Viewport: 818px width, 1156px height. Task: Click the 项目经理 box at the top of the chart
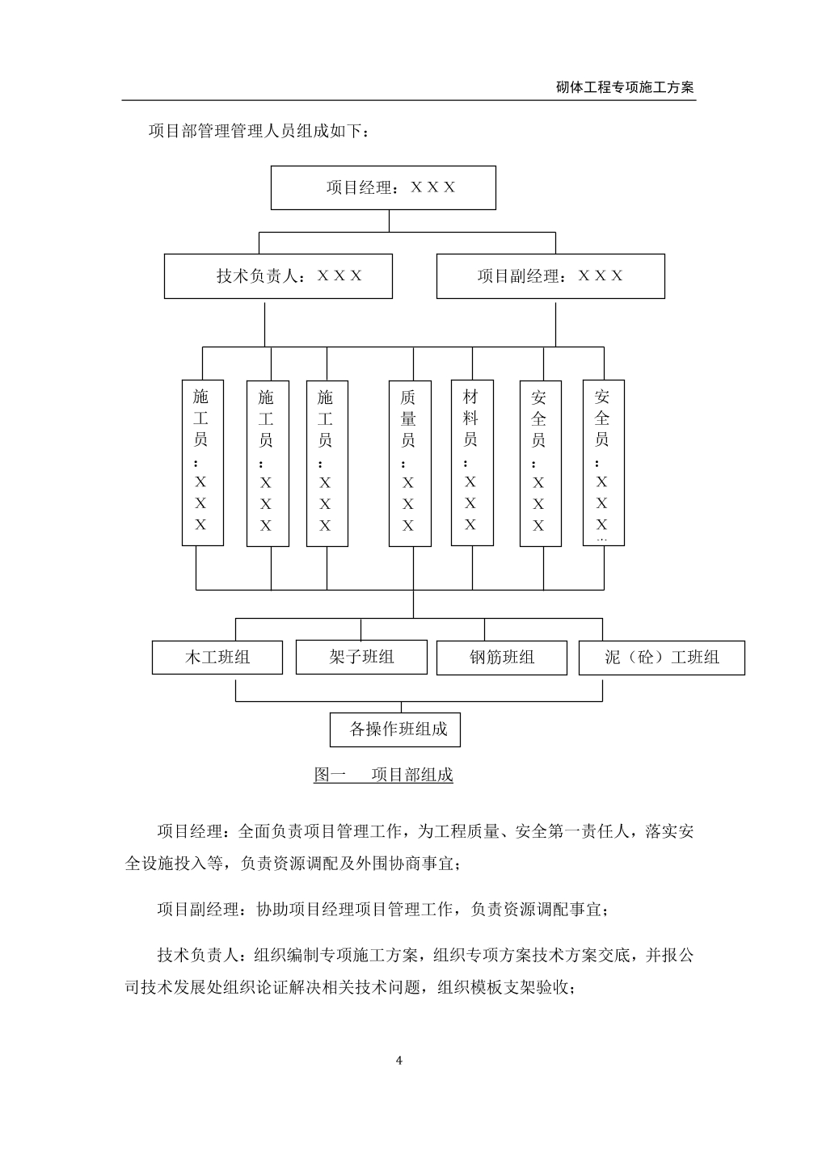point(383,188)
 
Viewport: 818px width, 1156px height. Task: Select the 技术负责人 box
point(278,276)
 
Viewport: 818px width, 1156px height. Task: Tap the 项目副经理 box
point(550,276)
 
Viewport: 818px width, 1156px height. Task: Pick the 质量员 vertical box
point(410,464)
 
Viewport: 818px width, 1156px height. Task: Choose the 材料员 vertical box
point(473,463)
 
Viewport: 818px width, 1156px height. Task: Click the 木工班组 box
point(217,658)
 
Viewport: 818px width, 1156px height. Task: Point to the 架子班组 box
point(361,657)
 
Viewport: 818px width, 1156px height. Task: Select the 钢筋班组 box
point(502,658)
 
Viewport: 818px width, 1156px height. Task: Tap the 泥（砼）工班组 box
point(662,658)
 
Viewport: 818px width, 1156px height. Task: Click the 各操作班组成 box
point(395,729)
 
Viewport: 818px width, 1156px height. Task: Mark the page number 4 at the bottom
point(398,1061)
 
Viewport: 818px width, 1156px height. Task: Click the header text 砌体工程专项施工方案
point(625,87)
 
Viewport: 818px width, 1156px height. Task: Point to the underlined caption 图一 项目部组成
point(383,776)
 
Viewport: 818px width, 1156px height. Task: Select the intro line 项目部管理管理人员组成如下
point(259,131)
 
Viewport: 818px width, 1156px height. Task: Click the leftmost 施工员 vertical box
point(203,463)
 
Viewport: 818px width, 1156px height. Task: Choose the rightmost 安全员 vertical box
point(604,463)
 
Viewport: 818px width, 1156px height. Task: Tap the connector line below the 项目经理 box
point(389,221)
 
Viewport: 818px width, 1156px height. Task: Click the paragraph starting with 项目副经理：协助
point(382,910)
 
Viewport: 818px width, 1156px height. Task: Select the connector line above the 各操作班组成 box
point(401,707)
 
